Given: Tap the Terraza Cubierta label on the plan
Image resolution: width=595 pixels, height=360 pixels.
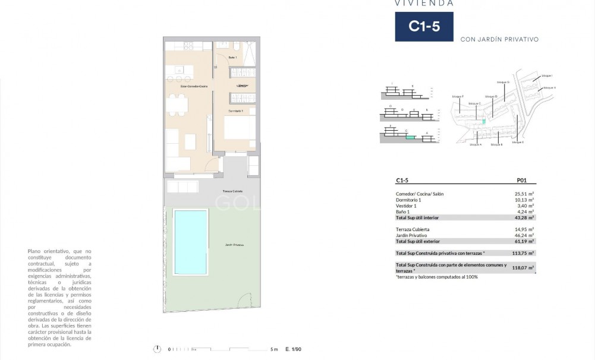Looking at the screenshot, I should [x=232, y=192].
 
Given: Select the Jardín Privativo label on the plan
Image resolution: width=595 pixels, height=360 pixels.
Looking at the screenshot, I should [x=234, y=245].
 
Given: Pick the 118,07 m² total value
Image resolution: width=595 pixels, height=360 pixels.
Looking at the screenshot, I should [x=523, y=268].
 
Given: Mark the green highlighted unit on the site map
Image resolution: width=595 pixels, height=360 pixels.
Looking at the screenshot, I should [x=483, y=121].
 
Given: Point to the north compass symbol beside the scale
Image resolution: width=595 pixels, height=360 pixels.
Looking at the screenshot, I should [x=157, y=349].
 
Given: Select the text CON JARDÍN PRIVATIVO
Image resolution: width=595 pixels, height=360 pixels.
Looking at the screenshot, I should [x=499, y=40].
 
